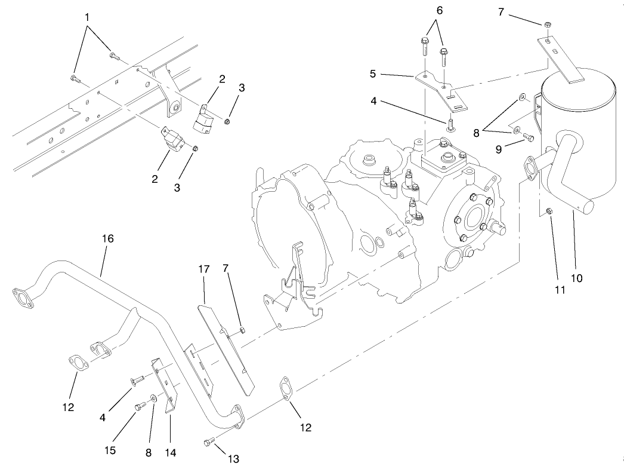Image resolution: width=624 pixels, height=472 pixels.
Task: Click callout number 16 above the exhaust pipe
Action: [107, 238]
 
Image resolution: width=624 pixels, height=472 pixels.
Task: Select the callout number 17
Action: [204, 269]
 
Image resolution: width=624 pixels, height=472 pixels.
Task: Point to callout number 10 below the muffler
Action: [576, 278]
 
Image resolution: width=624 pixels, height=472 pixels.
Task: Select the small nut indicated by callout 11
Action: [549, 210]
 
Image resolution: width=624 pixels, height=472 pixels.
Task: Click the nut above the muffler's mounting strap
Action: [547, 24]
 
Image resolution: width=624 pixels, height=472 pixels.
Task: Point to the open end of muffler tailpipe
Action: [587, 206]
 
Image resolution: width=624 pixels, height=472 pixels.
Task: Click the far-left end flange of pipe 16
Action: [21, 299]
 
